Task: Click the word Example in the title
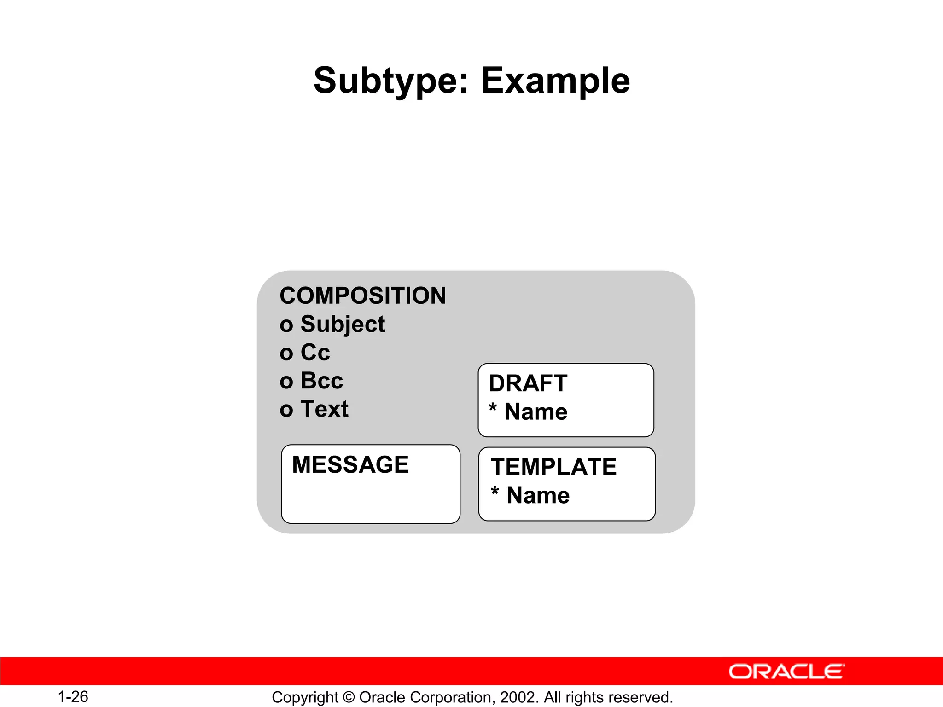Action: [555, 81]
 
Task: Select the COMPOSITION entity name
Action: [363, 296]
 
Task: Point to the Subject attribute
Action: [343, 324]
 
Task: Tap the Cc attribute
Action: [315, 353]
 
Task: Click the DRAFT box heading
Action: [528, 383]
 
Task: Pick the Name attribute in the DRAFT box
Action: [536, 411]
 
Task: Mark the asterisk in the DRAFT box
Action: [493, 408]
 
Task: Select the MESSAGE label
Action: [350, 464]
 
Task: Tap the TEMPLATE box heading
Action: [553, 467]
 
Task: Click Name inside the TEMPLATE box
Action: [538, 495]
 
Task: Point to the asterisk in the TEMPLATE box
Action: [495, 492]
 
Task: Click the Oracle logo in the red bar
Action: [786, 672]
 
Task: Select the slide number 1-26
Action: [73, 697]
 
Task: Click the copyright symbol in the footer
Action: [349, 698]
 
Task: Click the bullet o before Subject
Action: [286, 325]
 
